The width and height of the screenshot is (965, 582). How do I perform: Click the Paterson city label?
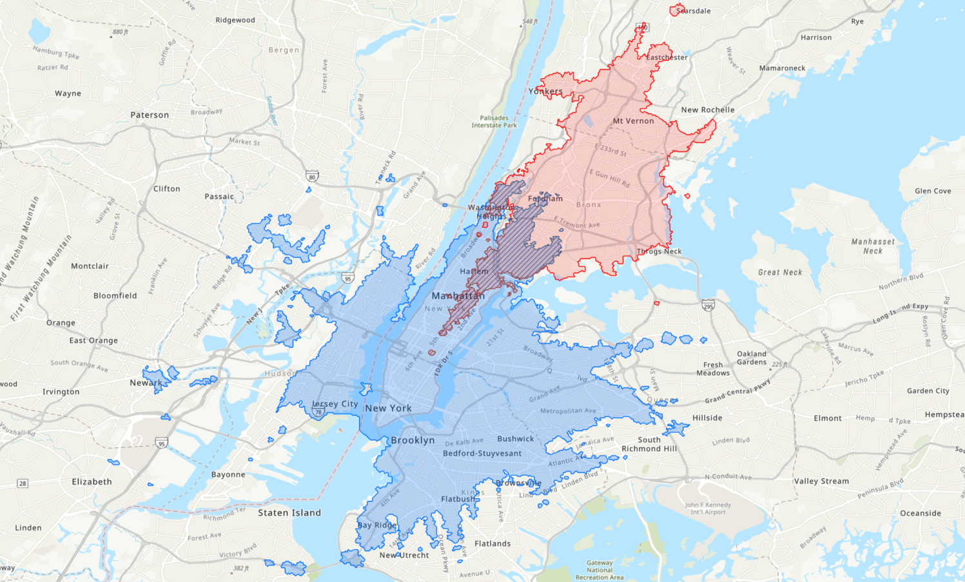tap(150, 115)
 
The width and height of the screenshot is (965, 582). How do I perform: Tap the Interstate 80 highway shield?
tap(312, 177)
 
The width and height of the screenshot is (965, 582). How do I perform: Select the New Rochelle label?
tap(708, 110)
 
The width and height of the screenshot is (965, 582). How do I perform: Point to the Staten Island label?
tap(289, 513)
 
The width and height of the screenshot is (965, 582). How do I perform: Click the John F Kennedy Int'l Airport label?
tap(708, 509)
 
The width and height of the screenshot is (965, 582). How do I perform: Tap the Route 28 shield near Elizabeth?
tap(23, 483)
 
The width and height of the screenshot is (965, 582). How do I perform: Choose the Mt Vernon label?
tap(633, 121)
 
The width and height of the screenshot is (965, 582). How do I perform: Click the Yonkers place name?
tap(545, 92)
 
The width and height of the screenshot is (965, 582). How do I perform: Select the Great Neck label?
tap(780, 273)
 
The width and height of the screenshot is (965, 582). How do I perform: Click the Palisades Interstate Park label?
tap(494, 121)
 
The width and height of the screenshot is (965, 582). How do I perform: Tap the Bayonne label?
tap(228, 474)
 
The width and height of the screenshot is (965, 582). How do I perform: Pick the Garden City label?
tap(928, 391)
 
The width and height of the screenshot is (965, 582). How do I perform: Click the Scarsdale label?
tap(693, 11)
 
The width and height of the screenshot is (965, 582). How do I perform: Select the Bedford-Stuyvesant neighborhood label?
tap(482, 453)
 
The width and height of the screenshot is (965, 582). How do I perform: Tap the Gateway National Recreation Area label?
tap(599, 570)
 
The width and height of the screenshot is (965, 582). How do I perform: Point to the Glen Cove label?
tap(933, 191)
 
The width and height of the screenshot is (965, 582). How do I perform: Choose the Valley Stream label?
tap(821, 481)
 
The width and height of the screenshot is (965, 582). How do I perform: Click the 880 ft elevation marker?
tap(121, 32)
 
